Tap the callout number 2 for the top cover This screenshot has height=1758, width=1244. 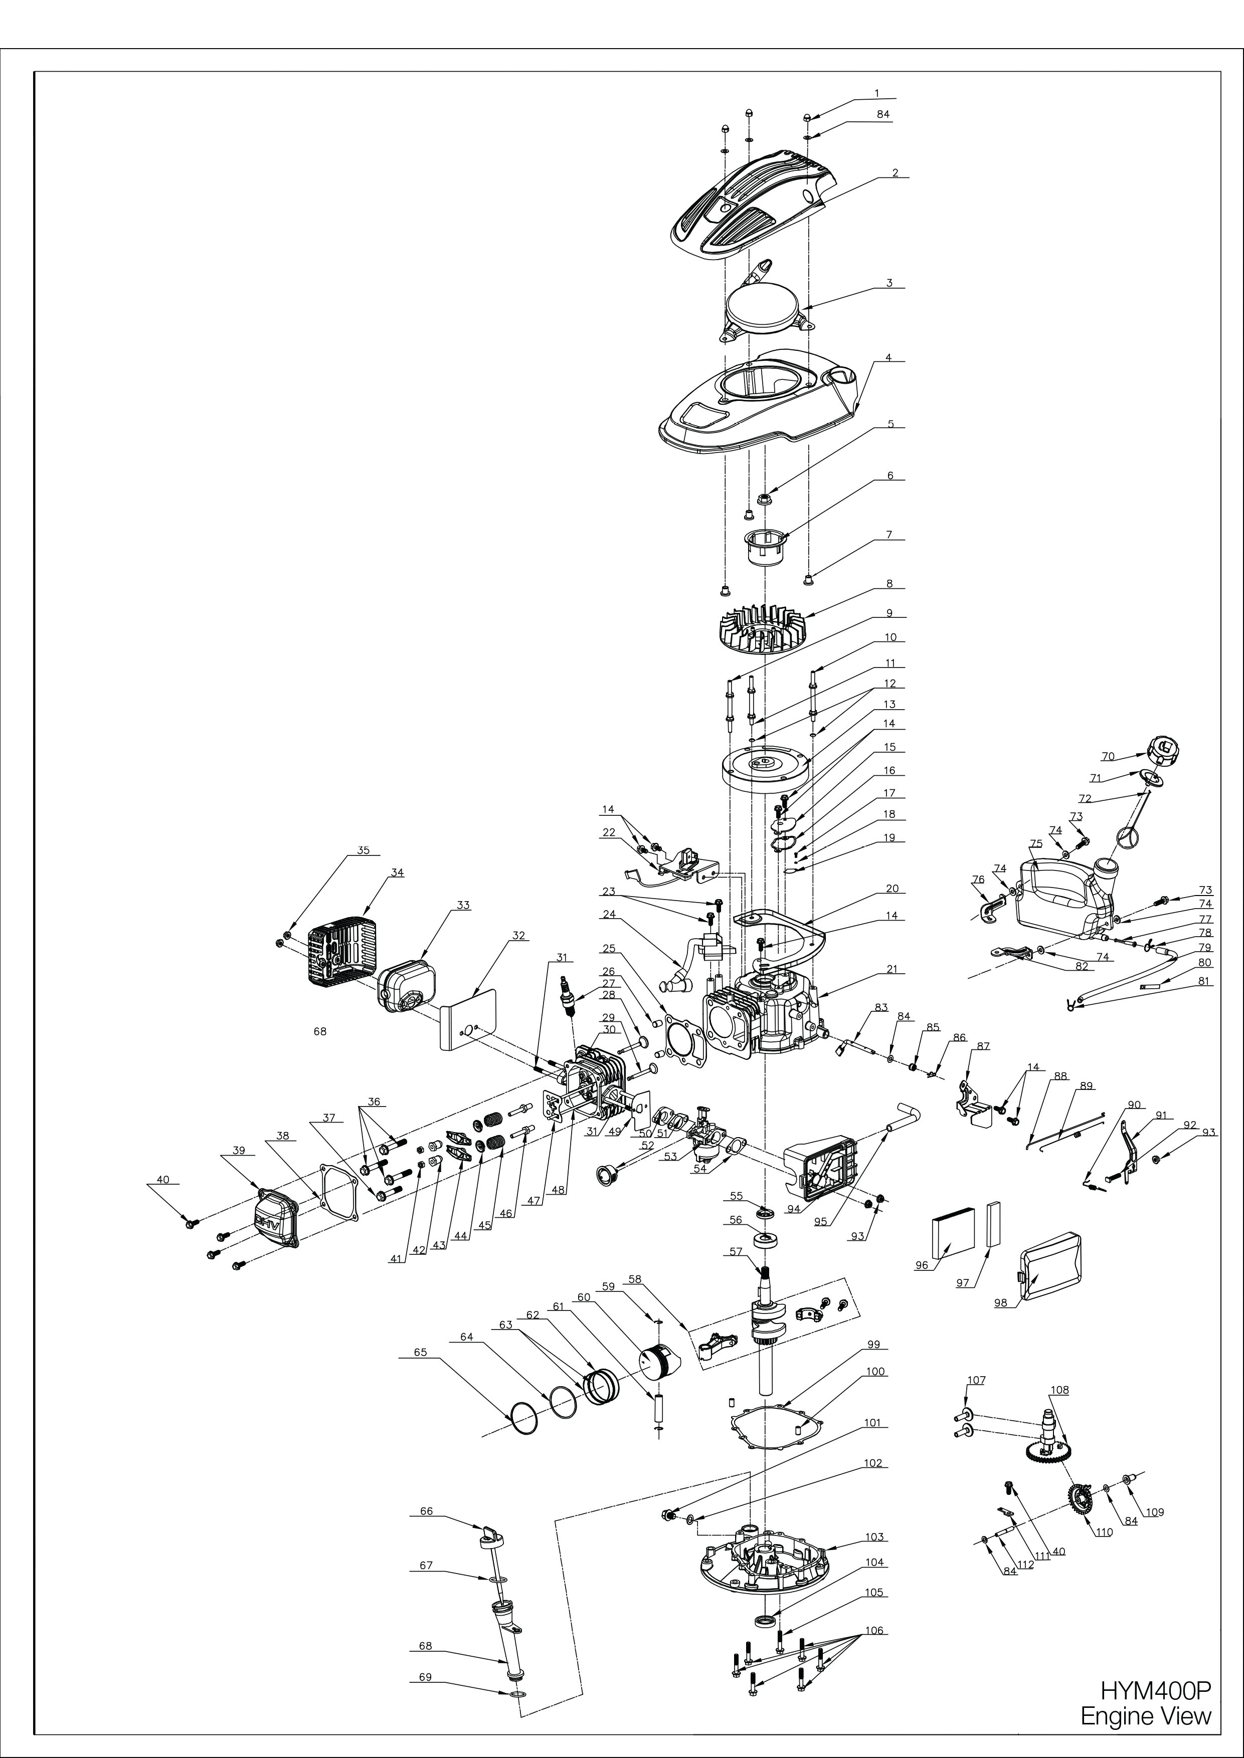tap(895, 173)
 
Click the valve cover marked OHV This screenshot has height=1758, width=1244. tap(277, 1220)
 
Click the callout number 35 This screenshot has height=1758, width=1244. tap(363, 850)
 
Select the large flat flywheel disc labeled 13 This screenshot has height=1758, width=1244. tap(766, 771)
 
